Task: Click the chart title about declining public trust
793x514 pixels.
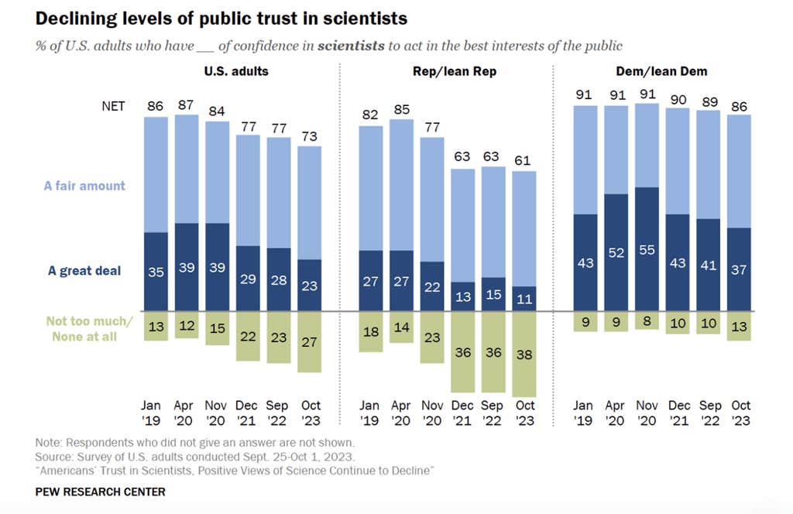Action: [x=221, y=17]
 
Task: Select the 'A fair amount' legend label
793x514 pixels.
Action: [x=84, y=186]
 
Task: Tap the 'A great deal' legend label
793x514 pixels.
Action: [x=84, y=271]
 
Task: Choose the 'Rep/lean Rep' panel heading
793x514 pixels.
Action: [x=453, y=72]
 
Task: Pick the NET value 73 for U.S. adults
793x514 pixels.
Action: [x=309, y=136]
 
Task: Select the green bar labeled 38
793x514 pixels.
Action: [x=524, y=355]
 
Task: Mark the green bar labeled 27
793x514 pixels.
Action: [x=309, y=342]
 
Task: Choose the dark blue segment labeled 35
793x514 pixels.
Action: [x=156, y=272]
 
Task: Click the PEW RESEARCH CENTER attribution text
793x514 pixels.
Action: [x=100, y=492]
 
